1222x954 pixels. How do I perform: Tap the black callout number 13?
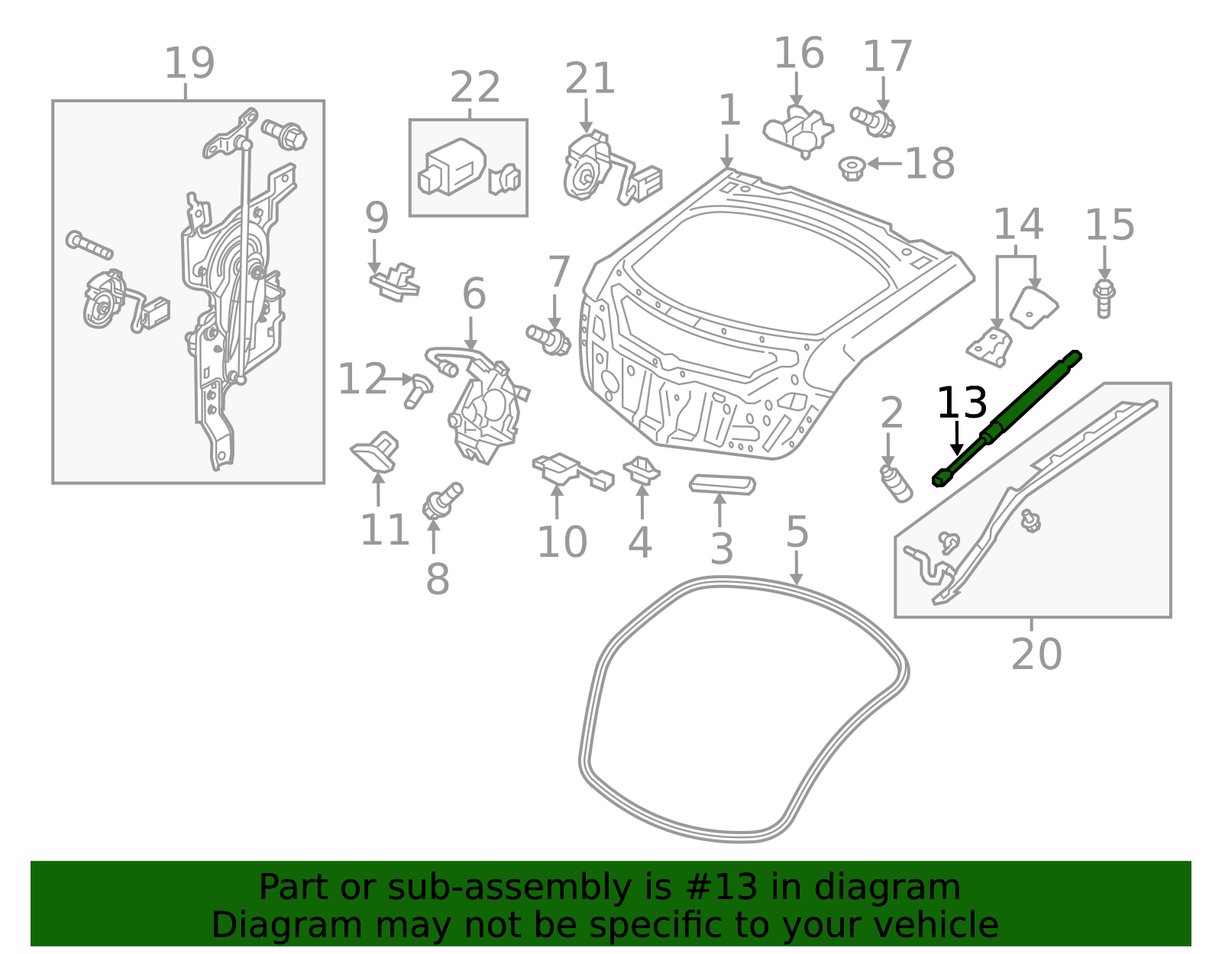click(x=961, y=403)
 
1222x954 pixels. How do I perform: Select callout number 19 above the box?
click(x=189, y=63)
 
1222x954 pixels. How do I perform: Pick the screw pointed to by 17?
click(x=873, y=121)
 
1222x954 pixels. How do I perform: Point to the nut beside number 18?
click(x=851, y=167)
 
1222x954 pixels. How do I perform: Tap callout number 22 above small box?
click(x=474, y=87)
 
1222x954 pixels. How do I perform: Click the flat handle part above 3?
click(x=722, y=484)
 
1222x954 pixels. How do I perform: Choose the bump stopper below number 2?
click(x=896, y=483)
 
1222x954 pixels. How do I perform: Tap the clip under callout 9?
click(x=395, y=282)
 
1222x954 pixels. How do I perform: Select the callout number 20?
click(x=1036, y=655)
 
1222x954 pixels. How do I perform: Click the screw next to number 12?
click(x=418, y=390)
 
